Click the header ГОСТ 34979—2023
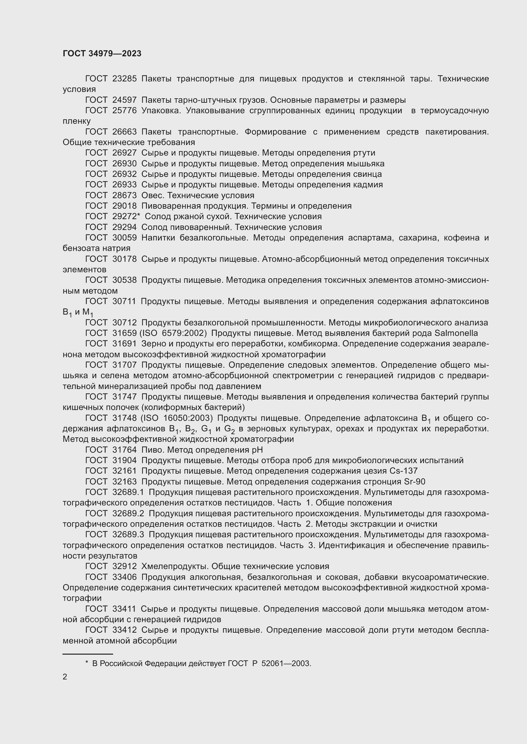102,53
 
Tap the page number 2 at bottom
65,677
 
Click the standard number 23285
124,79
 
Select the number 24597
124,100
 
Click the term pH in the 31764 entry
257,450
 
